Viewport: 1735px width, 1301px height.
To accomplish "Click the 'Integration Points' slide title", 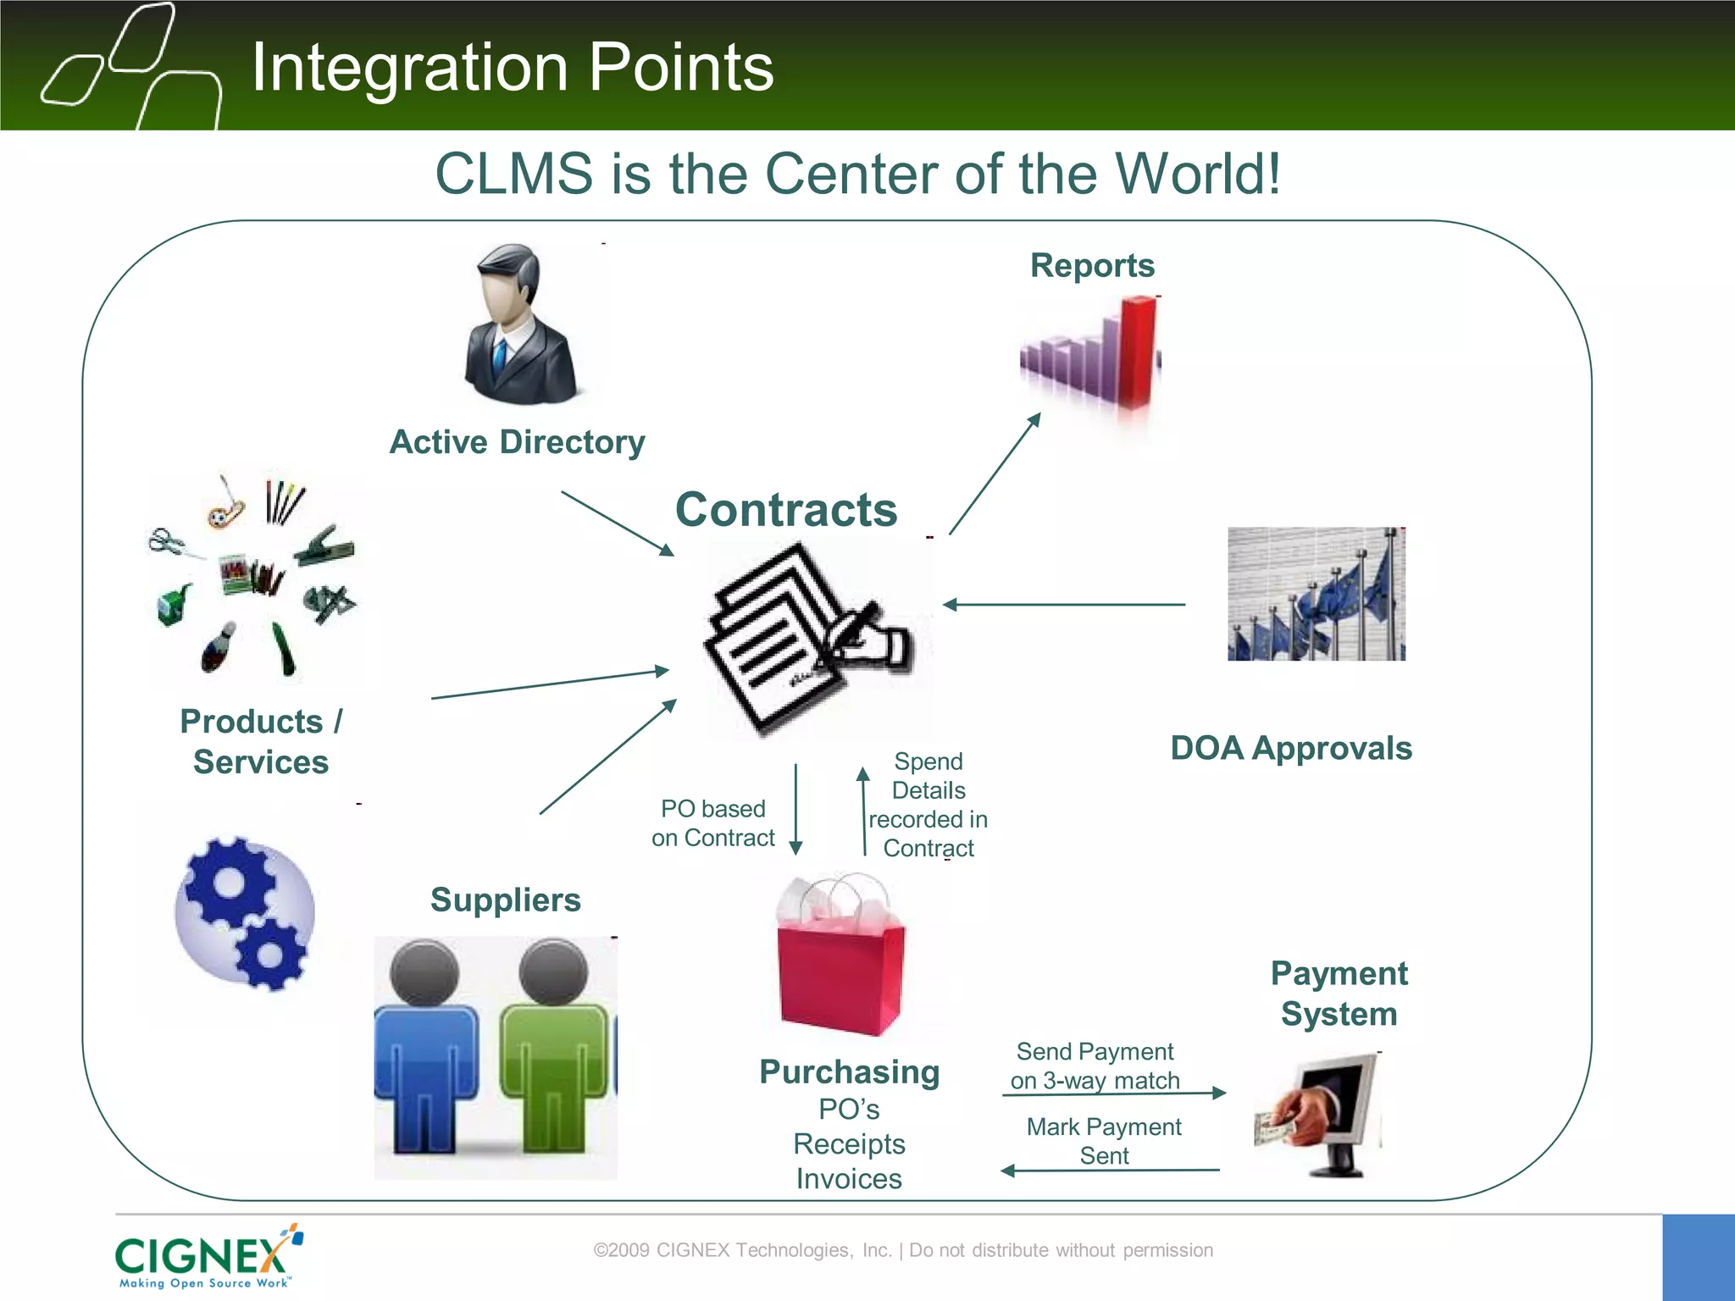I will [513, 68].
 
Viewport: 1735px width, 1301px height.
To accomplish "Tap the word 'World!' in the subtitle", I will [1197, 174].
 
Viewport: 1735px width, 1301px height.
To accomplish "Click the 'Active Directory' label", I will [517, 442].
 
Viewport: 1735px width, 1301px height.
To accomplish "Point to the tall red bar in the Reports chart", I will [1137, 352].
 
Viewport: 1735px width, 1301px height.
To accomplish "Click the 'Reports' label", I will [1092, 266].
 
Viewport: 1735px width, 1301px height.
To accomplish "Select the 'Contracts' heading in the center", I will [786, 510].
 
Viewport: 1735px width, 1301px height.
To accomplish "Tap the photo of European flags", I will [1316, 594].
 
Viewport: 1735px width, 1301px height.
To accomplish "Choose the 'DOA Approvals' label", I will [1290, 749].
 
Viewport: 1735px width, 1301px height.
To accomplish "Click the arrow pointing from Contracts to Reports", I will [995, 474].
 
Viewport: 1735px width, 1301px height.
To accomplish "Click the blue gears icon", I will [245, 913].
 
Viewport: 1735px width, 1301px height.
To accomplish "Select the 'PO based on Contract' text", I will [712, 823].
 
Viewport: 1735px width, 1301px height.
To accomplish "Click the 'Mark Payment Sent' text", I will [1103, 1141].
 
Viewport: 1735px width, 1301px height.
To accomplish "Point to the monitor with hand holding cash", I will [1326, 1114].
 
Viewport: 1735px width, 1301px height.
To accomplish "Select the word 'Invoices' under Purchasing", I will [849, 1179].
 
